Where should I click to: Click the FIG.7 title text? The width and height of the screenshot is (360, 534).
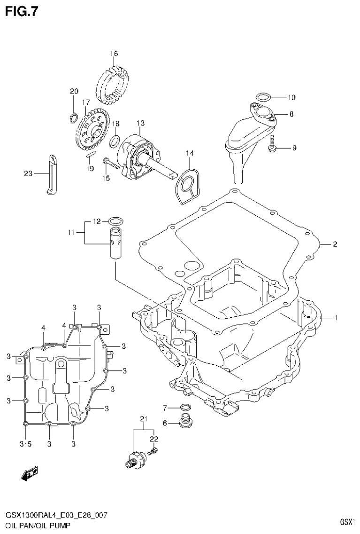[x=21, y=11]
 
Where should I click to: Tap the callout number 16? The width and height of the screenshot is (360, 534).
[x=114, y=54]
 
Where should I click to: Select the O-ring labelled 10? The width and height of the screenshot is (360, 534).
[x=263, y=98]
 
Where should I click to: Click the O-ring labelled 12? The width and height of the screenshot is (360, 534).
[x=116, y=220]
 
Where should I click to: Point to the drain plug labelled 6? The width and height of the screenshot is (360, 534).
[x=185, y=422]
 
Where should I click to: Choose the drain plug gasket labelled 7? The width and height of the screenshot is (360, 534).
[x=185, y=407]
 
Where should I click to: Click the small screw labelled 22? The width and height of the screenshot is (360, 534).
[x=153, y=452]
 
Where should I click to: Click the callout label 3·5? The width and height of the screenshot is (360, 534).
[x=25, y=443]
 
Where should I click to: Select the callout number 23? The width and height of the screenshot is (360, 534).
[x=28, y=174]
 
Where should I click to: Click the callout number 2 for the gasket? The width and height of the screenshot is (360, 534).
[x=335, y=244]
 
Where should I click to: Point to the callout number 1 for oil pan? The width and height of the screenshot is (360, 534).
[x=336, y=318]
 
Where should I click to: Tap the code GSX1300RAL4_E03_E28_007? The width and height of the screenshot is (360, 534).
[x=56, y=515]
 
